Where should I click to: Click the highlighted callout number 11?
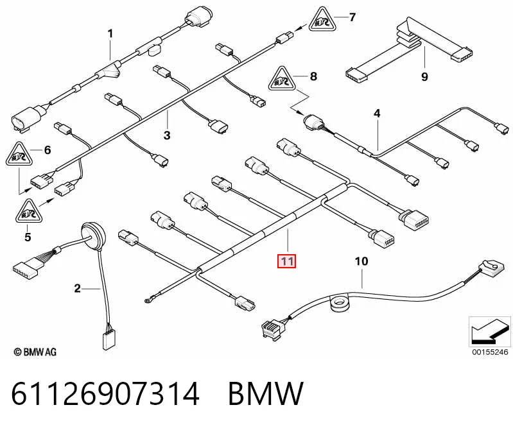(286, 261)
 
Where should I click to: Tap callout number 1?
(110, 33)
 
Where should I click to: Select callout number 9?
(424, 77)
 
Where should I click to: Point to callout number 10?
(361, 261)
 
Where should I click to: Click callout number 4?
(377, 114)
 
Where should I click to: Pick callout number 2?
(77, 288)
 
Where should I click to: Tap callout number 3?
(167, 135)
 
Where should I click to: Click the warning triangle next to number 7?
(322, 21)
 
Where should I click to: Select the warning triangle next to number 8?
(282, 80)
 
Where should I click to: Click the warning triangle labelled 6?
(19, 155)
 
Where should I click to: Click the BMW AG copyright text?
(35, 352)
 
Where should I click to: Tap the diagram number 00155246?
(490, 352)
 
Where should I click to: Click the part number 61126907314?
(105, 393)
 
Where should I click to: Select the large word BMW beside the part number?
(266, 393)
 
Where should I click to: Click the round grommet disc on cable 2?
(94, 236)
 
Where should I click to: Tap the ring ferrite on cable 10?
(341, 303)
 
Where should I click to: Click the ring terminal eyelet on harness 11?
(146, 300)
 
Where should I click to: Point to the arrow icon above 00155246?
(489, 331)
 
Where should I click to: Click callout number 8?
(313, 76)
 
